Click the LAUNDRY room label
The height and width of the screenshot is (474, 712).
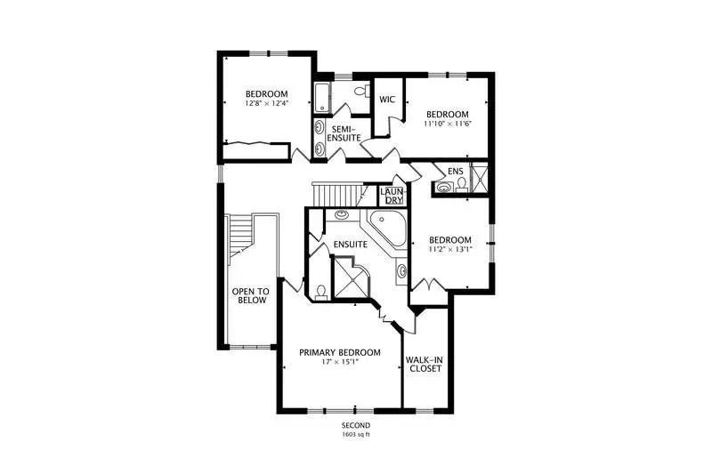pos(392,196)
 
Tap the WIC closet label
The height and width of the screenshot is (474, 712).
pos(387,100)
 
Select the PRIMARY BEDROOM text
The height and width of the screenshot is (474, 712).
pos(340,352)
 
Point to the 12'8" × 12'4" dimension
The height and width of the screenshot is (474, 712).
pos(266,103)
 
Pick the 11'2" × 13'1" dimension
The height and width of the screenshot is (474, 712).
pos(450,249)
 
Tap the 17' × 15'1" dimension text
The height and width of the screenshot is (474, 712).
pos(340,362)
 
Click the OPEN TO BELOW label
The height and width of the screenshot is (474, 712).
pos(251,296)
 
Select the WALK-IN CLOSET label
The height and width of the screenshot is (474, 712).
pos(425,364)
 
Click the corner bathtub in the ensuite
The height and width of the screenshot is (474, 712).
pos(387,231)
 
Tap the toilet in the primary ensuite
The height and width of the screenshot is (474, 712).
pos(321,292)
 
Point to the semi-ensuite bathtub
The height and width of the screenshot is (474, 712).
pos(321,97)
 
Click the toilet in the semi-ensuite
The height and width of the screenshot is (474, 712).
pos(362,91)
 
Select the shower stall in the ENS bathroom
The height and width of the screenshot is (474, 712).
pos(479,178)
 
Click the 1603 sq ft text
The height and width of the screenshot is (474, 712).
pos(356,434)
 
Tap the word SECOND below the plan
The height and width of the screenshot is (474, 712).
pos(356,425)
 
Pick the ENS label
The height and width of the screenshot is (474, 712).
pos(455,171)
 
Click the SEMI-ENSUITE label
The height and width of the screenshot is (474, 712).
pos(344,133)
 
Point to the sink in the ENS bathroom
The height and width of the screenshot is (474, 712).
pos(443,187)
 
